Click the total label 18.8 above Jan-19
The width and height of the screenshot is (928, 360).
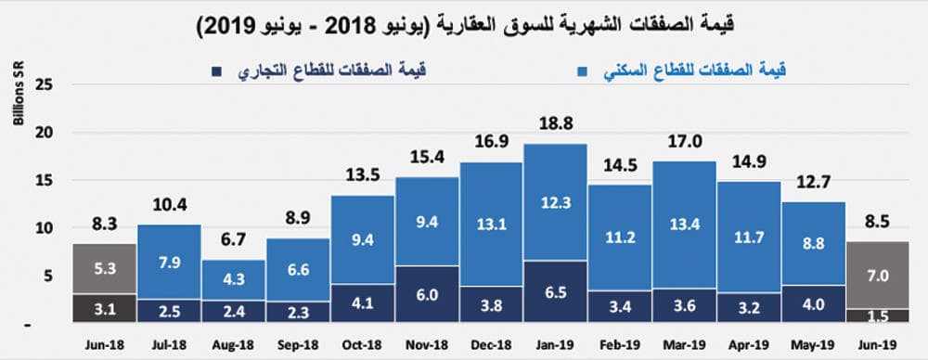pos(554,125)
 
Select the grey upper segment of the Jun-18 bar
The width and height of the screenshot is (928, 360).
pos(104,269)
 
